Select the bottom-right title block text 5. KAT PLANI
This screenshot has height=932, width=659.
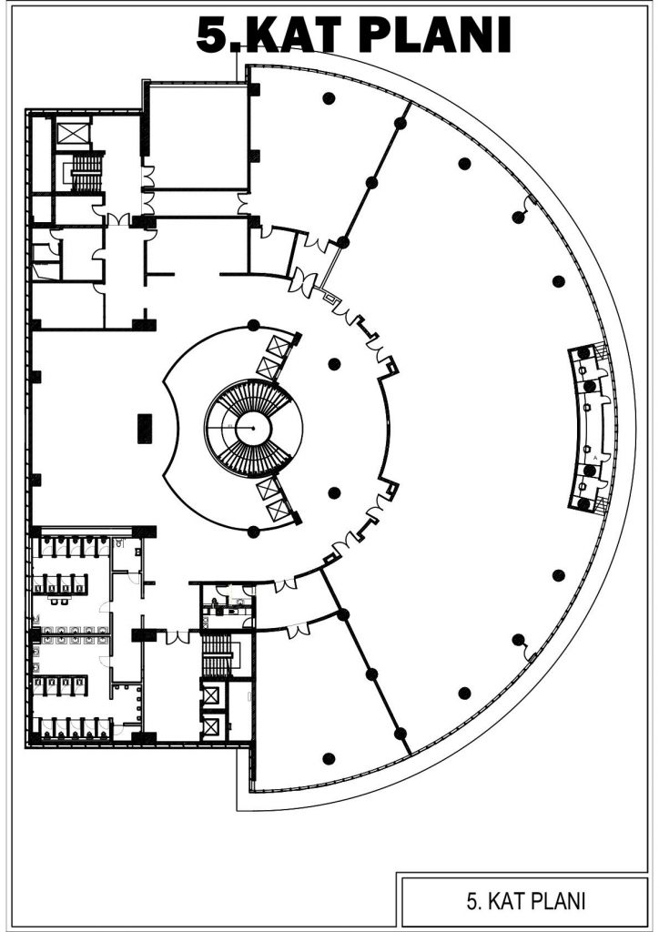click(526, 901)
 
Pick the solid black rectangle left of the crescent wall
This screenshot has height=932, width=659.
click(145, 428)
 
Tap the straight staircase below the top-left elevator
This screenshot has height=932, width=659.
click(86, 173)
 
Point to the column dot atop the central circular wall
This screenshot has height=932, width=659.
click(254, 325)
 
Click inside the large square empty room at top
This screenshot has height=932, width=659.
click(198, 137)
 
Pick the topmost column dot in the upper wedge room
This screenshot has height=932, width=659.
click(329, 97)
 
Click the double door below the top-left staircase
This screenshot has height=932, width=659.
click(118, 219)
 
